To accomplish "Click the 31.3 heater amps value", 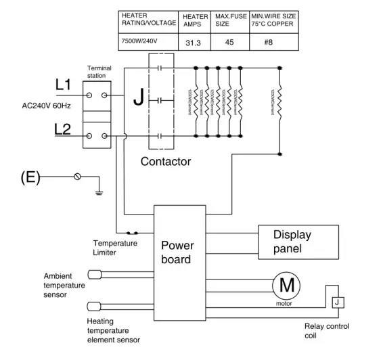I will (x=192, y=43).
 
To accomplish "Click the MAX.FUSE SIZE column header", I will (x=229, y=20).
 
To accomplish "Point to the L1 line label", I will (x=63, y=85).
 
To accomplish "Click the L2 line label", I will (x=63, y=130).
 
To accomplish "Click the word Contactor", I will (x=166, y=162).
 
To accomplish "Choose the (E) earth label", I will (x=30, y=178).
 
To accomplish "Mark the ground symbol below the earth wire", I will (x=99, y=192).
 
